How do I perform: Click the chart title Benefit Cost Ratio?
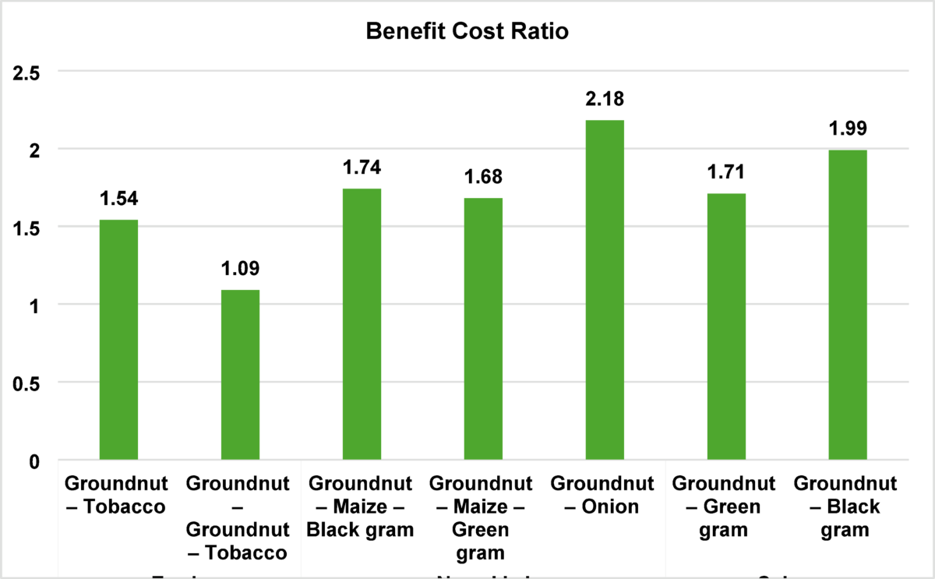point(467,33)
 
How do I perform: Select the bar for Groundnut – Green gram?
point(726,327)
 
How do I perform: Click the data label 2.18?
point(605,99)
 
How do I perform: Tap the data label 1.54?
point(118,199)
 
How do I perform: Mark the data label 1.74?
point(362,168)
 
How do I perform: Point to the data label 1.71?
point(726,172)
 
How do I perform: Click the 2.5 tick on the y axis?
point(26,72)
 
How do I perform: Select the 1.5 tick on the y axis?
point(26,228)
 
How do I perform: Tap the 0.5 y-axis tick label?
point(26,383)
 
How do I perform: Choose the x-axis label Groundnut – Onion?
point(605,494)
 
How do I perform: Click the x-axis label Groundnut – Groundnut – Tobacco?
point(240,517)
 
